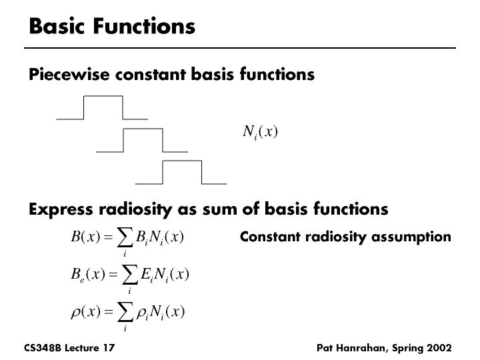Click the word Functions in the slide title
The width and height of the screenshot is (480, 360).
145,26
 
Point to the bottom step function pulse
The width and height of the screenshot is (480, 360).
181,171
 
